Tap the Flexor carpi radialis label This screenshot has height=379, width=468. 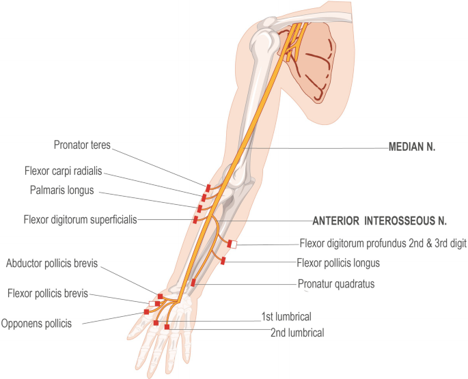(81, 170)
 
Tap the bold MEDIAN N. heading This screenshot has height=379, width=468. (413, 146)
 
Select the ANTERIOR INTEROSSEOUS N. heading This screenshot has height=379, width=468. (379, 221)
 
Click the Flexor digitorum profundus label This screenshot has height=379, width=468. (383, 242)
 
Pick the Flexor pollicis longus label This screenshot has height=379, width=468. (344, 262)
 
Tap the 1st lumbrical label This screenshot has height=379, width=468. (286, 317)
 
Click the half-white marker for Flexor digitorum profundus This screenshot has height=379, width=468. (232, 244)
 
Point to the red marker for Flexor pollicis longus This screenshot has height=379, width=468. (223, 260)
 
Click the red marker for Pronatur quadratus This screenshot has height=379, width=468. (193, 282)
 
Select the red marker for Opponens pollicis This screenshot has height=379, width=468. (146, 311)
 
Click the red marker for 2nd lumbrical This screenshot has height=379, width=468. (167, 328)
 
